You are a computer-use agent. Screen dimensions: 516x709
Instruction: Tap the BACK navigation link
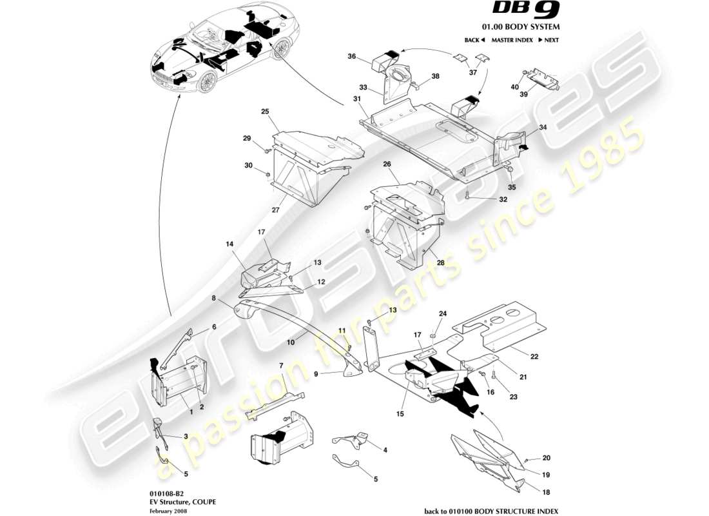click(474, 40)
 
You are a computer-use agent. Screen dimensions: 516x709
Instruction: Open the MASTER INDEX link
click(512, 40)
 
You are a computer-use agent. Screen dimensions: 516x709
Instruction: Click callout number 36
click(351, 57)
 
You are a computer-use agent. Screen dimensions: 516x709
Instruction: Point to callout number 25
click(264, 112)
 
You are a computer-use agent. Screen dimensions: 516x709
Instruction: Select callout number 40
click(514, 87)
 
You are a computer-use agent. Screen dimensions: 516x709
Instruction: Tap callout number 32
click(503, 199)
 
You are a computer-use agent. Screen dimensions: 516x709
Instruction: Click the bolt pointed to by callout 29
click(266, 150)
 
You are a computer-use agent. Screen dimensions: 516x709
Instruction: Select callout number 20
click(547, 459)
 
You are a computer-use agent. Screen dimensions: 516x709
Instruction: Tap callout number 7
click(281, 366)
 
